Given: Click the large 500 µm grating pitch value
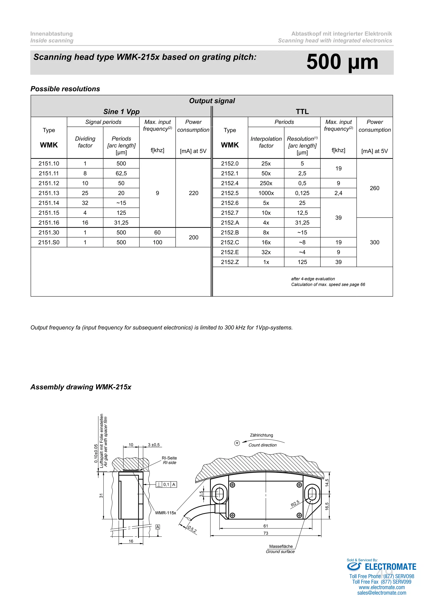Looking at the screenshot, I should click(x=342, y=62).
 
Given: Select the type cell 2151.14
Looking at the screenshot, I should click(x=49, y=203).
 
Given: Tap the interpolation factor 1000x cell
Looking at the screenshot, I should click(x=266, y=193).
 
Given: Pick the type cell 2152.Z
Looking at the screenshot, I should click(x=230, y=262).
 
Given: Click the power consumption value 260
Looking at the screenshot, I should click(x=374, y=188).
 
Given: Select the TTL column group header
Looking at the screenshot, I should click(x=302, y=112).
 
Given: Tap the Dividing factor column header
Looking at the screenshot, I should click(x=85, y=142).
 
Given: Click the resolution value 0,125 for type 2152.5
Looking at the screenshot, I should click(x=302, y=193).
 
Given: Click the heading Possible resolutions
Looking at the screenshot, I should click(x=65, y=89).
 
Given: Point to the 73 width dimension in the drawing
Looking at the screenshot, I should click(x=266, y=533).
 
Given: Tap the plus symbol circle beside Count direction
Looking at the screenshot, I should click(x=237, y=443).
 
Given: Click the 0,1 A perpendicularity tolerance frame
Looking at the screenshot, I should click(x=166, y=484).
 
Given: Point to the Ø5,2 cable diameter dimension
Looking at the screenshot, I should click(x=192, y=529).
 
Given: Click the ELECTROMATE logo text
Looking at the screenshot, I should click(x=390, y=567).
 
